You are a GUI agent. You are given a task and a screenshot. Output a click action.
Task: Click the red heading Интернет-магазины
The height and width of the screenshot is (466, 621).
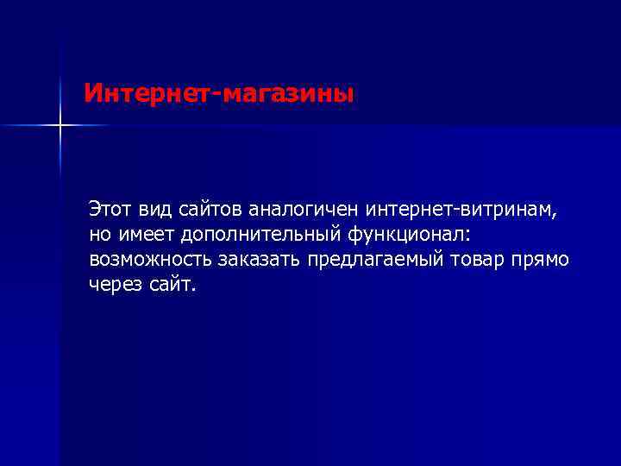[219, 92]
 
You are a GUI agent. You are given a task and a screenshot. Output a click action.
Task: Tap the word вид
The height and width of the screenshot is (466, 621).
[158, 210]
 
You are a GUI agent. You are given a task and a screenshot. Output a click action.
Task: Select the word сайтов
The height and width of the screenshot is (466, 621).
[213, 210]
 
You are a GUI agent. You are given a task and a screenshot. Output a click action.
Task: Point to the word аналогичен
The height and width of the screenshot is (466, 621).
[304, 210]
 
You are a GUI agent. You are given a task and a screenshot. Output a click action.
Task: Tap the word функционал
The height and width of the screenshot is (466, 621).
[407, 235]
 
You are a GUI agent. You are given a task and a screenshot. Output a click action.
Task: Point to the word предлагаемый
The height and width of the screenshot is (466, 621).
[384, 260]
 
